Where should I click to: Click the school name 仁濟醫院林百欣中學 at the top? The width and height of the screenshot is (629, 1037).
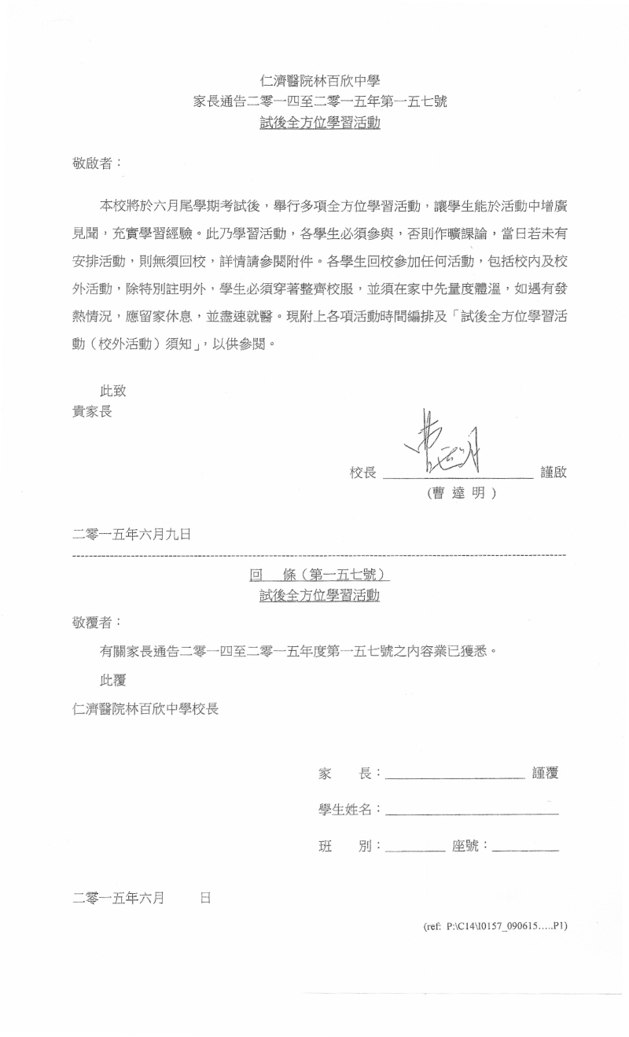[x=320, y=79]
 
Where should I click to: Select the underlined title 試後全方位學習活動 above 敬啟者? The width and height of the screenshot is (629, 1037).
[x=320, y=123]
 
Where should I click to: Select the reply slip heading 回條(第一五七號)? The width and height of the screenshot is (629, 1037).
[x=319, y=575]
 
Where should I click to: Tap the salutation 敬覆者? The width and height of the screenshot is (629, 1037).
[x=97, y=622]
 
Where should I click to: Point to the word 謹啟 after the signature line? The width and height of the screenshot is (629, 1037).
[x=554, y=473]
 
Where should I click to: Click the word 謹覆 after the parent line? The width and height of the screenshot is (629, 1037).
[x=546, y=773]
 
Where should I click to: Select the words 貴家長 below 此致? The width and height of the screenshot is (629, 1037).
[x=92, y=410]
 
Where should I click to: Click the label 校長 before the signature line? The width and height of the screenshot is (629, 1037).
[x=363, y=473]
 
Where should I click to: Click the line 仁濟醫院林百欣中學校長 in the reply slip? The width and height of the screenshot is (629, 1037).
[x=145, y=708]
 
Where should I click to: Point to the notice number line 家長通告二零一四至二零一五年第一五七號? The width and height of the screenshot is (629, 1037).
[x=320, y=101]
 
